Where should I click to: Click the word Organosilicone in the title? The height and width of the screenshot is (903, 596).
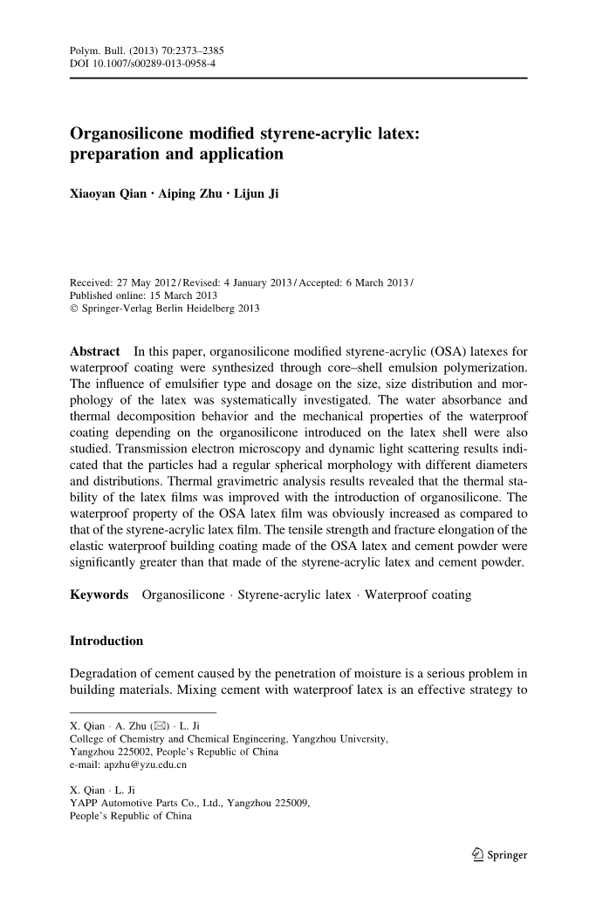point(140,135)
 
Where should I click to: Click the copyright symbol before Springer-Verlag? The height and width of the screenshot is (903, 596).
point(73,309)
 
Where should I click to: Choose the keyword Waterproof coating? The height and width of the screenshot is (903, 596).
point(418,594)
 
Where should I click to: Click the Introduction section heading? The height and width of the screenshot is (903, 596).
point(106,642)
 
